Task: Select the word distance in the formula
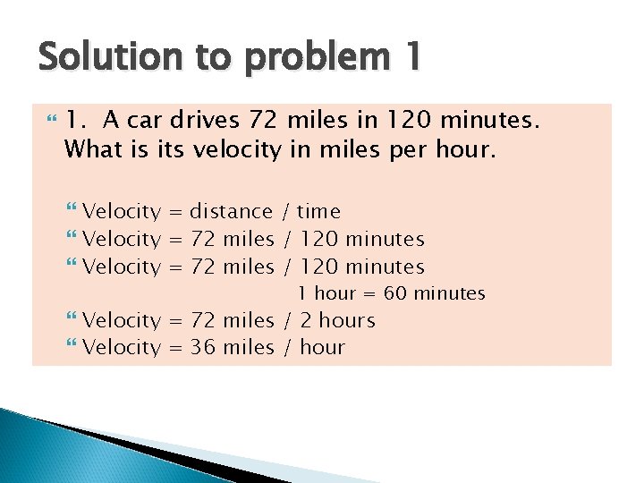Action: click(x=231, y=212)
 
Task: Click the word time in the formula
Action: click(x=318, y=212)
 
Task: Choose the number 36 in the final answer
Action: click(x=203, y=347)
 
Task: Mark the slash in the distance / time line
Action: click(x=285, y=212)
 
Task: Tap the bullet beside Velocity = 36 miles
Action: click(x=72, y=347)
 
